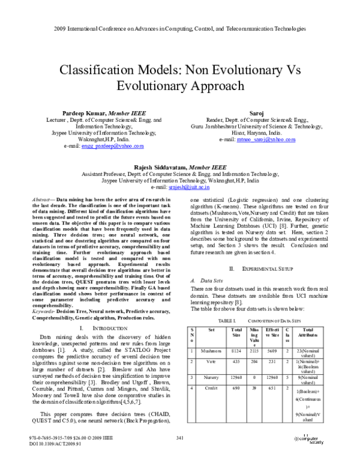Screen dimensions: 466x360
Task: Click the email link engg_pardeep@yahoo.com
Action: click(112, 146)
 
